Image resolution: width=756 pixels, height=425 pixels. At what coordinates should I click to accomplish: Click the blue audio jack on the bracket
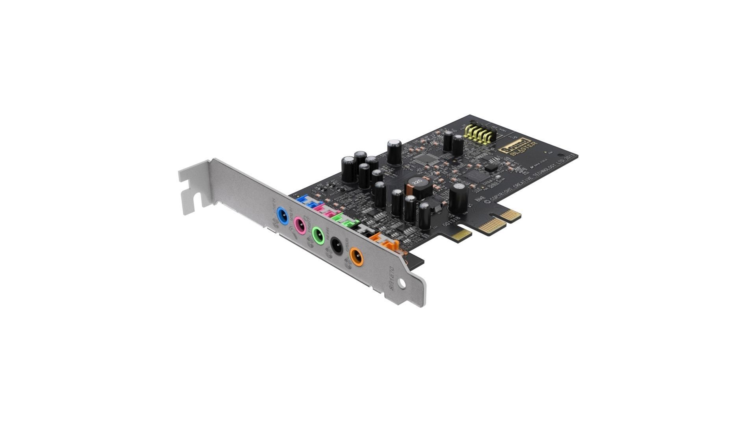point(282,216)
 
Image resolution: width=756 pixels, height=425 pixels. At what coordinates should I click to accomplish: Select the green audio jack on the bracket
point(318,235)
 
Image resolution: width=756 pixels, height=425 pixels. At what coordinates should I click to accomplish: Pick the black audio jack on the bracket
point(336,246)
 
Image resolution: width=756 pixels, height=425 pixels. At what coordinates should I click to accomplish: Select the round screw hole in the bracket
point(402,283)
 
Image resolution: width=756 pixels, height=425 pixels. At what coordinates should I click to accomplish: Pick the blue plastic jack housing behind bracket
point(305,201)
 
